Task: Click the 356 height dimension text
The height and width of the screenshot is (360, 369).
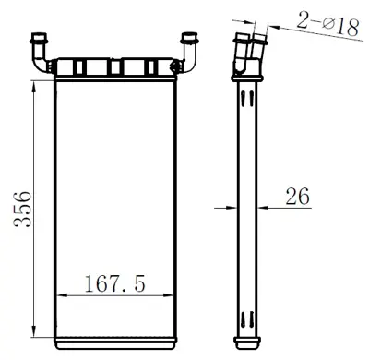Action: (x=21, y=209)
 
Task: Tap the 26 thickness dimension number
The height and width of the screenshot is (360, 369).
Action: (x=297, y=195)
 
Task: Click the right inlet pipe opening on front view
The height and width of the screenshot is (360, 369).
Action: (x=192, y=39)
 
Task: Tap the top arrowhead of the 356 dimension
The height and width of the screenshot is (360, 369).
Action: (x=34, y=85)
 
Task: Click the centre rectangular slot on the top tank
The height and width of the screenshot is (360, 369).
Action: (x=115, y=67)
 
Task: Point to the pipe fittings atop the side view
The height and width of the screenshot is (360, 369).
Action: (x=246, y=51)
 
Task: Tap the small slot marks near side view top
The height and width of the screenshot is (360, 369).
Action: (x=247, y=97)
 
